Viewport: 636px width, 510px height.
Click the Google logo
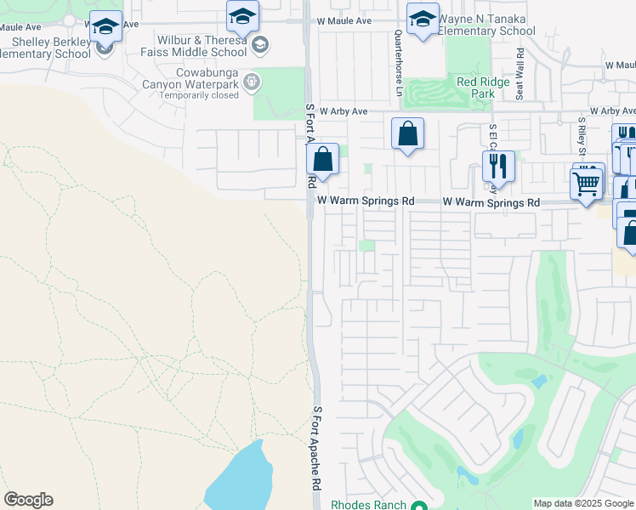point(28,500)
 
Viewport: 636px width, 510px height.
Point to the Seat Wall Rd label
point(518,60)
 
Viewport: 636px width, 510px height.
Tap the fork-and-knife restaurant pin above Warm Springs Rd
point(498,166)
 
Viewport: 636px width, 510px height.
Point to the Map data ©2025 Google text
point(583,503)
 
